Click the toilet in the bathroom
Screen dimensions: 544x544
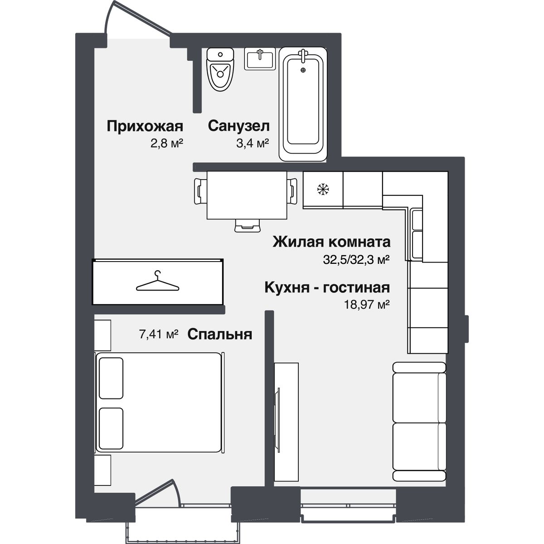pyautogui.click(x=220, y=69)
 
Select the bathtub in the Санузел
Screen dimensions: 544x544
pyautogui.click(x=303, y=104)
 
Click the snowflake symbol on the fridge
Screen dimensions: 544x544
pyautogui.click(x=323, y=189)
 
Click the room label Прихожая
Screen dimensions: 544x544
pyautogui.click(x=145, y=126)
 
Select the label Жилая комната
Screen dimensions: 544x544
pyautogui.click(x=331, y=242)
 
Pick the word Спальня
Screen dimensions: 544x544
pyautogui.click(x=219, y=334)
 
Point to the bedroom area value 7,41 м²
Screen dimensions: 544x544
pyautogui.click(x=159, y=334)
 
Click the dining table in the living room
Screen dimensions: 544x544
pyautogui.click(x=247, y=195)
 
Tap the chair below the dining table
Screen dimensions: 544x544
pyautogui.click(x=248, y=226)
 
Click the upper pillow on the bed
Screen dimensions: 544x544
pyautogui.click(x=111, y=378)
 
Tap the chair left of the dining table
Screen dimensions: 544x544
pyautogui.click(x=200, y=191)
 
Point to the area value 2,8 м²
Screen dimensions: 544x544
pyautogui.click(x=167, y=143)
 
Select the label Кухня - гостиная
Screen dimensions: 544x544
pyautogui.click(x=327, y=288)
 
